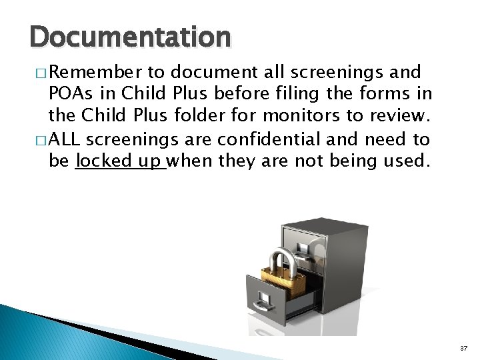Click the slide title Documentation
point(131,37)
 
